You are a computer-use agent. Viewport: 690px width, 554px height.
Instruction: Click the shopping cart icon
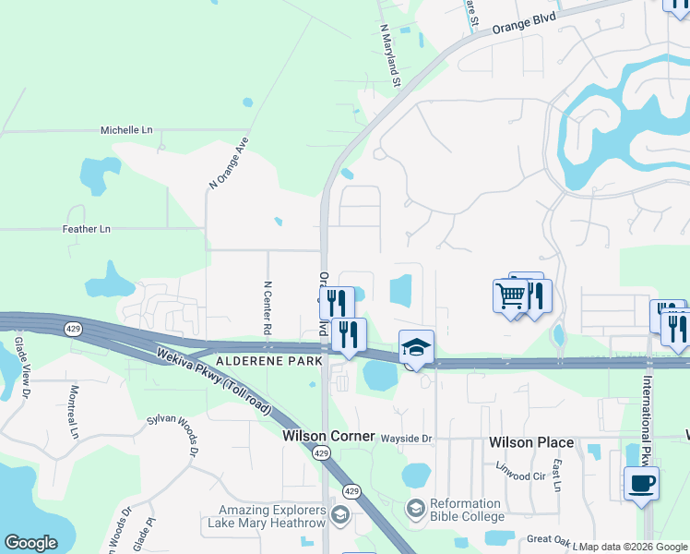point(510,296)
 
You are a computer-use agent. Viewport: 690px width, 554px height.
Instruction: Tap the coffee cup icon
point(641,483)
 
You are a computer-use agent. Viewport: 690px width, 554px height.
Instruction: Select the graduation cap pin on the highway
point(416,347)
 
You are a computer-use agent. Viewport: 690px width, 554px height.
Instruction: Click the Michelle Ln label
point(126,130)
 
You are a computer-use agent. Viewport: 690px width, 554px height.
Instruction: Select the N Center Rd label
point(268,308)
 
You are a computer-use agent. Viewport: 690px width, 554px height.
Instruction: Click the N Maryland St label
point(390,55)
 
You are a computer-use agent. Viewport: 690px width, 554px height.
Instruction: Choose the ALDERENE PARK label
point(268,360)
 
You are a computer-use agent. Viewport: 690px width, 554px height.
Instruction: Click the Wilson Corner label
point(328,436)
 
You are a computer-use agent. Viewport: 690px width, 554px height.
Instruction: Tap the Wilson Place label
point(531,442)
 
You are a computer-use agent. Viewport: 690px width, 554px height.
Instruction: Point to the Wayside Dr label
point(407,439)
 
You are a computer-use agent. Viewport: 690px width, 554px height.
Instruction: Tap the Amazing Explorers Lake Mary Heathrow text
point(272,517)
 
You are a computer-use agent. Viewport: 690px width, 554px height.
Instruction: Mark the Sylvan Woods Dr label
point(172,434)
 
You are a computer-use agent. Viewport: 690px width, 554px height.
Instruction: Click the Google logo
point(30,543)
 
